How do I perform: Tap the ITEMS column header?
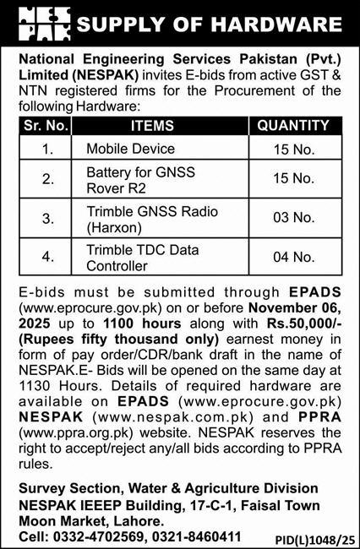[152, 126]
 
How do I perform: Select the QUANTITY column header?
[292, 126]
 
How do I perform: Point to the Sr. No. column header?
[47, 126]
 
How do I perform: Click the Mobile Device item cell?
[130, 149]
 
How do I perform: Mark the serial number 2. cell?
[47, 181]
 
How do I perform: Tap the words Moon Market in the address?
[56, 520]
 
